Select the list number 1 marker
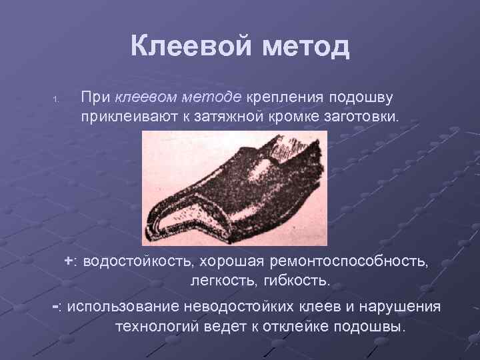57,101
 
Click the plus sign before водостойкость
69,260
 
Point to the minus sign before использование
56,307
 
